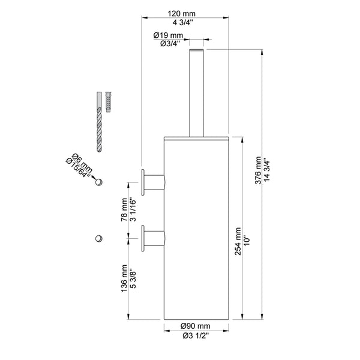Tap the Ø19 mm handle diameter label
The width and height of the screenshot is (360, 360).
pyautogui.click(x=167, y=35)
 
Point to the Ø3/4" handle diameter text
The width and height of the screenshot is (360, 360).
pyautogui.click(x=167, y=43)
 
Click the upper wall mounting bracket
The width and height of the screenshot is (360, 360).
pyautogui.click(x=153, y=182)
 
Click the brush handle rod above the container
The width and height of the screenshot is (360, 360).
pyautogui.click(x=196, y=90)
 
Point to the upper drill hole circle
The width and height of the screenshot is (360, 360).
pyautogui.click(x=100, y=182)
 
